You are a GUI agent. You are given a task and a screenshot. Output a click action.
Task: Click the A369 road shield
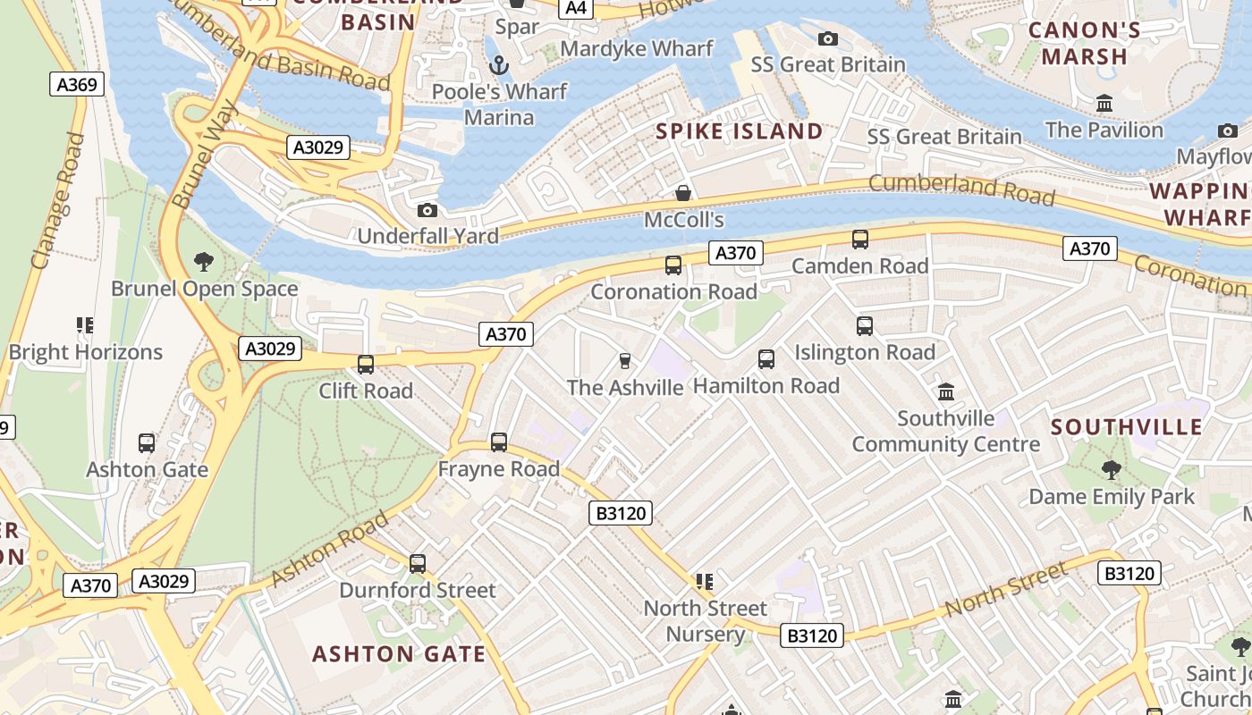point(77,85)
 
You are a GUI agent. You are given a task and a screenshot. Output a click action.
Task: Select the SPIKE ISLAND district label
point(739,131)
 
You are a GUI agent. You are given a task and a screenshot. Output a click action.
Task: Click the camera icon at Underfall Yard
point(427,210)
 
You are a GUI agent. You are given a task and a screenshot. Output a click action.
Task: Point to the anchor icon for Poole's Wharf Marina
point(500,64)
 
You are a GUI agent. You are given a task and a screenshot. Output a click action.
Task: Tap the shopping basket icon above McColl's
point(683,193)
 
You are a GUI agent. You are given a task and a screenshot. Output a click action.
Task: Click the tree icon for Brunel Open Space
point(204,262)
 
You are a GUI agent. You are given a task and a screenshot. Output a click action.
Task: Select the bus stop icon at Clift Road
point(366,365)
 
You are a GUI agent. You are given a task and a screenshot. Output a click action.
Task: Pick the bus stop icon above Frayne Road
point(499,442)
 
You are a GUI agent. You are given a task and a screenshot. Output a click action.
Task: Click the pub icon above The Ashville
point(625,361)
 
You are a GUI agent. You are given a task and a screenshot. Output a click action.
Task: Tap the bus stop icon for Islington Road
point(865,326)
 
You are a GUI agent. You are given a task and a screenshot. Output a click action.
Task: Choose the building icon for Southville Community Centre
point(946,391)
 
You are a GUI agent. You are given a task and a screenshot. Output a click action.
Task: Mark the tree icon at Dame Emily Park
point(1112,470)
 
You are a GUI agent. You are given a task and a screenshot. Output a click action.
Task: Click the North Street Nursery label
point(706,621)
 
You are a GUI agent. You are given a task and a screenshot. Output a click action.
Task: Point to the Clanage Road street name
point(58,201)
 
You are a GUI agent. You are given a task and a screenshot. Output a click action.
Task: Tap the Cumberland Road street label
point(961,189)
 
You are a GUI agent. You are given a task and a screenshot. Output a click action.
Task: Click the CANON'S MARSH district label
point(1084,43)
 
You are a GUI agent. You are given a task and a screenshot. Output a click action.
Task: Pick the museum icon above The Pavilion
point(1104,104)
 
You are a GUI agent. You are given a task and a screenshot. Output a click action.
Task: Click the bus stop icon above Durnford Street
point(418,564)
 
